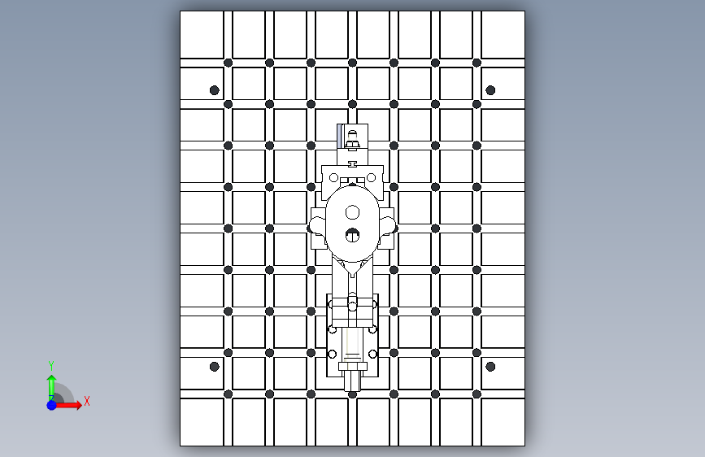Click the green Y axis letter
tap(51, 366)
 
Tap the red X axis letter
tap(87, 401)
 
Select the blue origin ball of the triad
tap(52, 405)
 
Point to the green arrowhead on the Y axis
tap(52, 379)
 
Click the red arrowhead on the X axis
tap(78, 405)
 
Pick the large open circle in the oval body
tap(353, 212)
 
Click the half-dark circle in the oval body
tap(353, 235)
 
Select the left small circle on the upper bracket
tap(333, 177)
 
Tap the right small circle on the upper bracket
tap(371, 177)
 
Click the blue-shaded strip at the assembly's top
tap(339, 135)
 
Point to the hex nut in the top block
tap(353, 144)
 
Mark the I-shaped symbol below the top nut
tap(353, 164)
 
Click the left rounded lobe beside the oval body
tap(318, 226)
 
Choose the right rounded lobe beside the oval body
tap(387, 226)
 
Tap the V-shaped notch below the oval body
tap(353, 268)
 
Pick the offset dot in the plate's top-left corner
tap(215, 90)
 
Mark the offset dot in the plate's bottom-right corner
tap(490, 367)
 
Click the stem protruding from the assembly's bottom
tap(353, 381)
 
